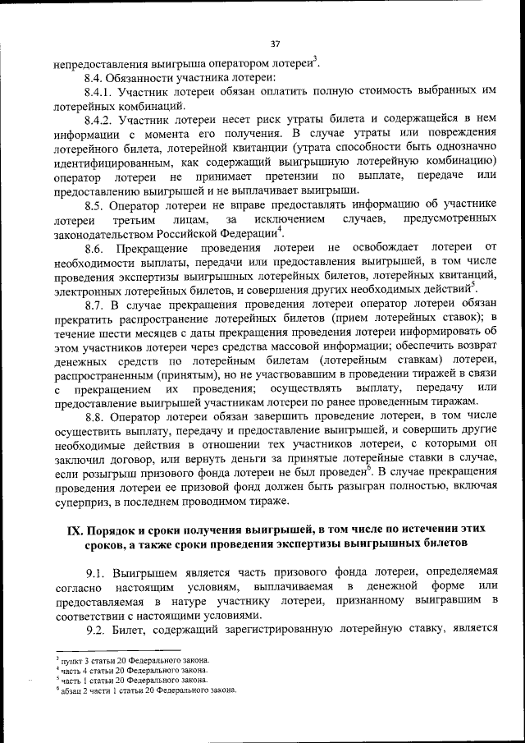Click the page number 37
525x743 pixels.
[274, 44]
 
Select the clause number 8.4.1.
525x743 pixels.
[99, 92]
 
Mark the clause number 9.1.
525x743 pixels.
[97, 571]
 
